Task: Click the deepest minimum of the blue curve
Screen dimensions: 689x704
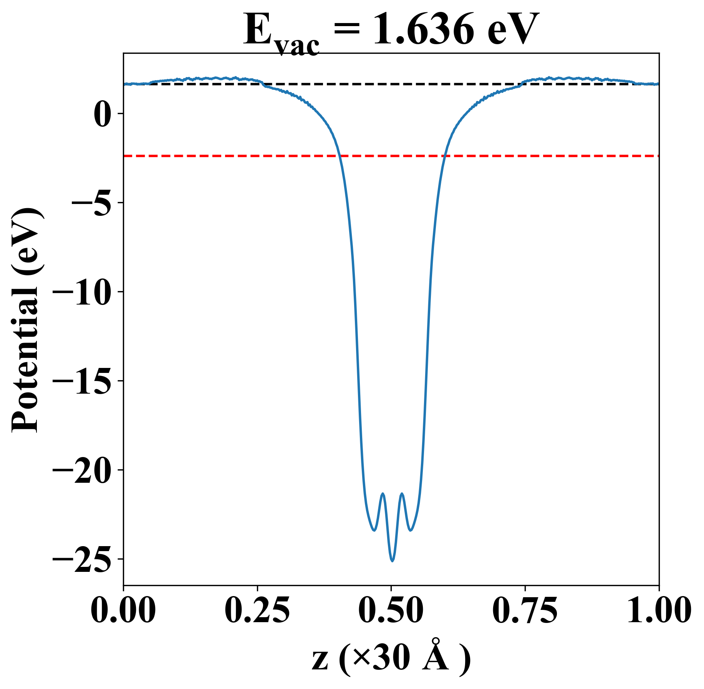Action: coord(392,561)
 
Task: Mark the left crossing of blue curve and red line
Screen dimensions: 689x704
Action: coord(340,156)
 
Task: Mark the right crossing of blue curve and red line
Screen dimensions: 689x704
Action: coord(444,156)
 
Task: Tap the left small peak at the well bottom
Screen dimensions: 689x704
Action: coord(383,494)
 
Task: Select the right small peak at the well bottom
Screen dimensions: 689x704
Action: coord(402,494)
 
